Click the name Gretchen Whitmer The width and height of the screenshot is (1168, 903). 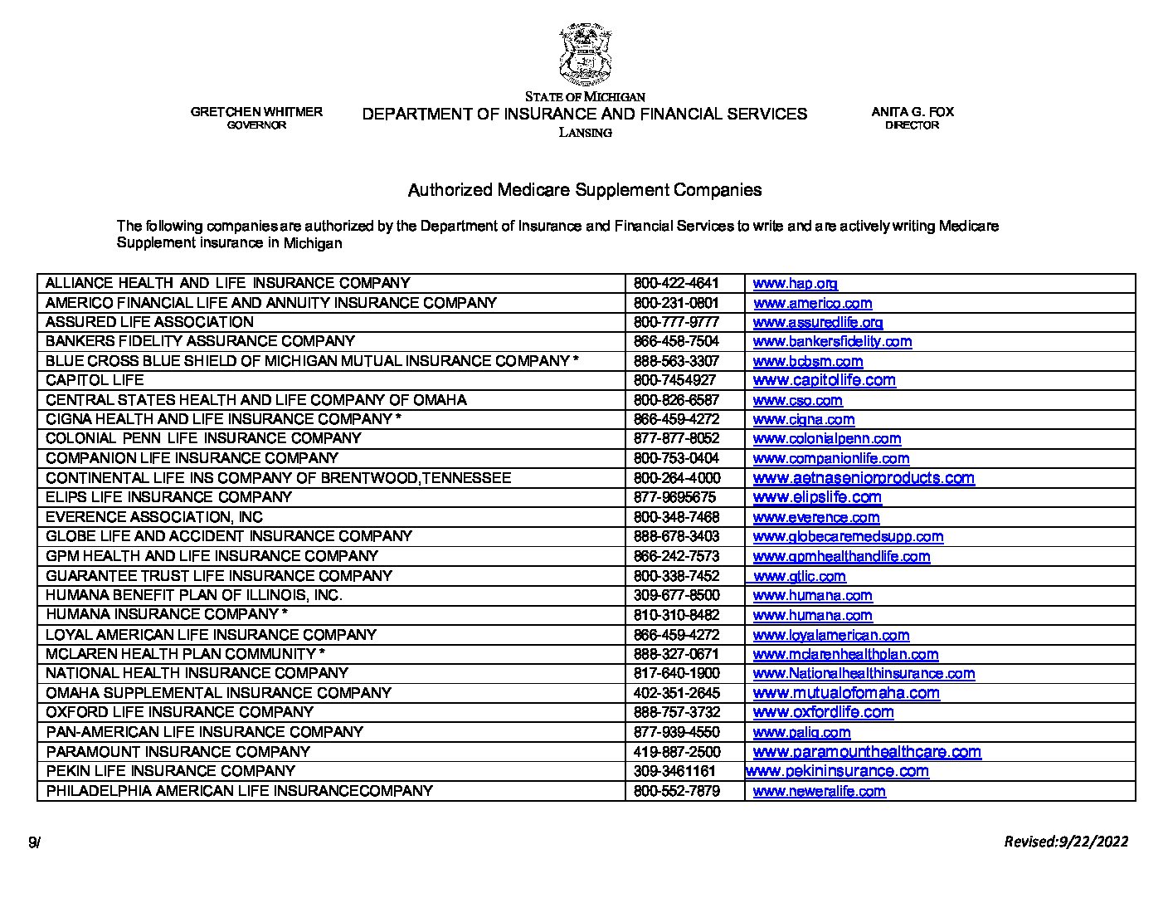pos(256,112)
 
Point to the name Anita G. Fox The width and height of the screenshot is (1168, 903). pos(912,112)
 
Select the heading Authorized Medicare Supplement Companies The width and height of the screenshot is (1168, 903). pos(584,190)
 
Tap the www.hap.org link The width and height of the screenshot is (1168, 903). pos(795,284)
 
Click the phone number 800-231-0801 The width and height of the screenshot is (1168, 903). pos(676,303)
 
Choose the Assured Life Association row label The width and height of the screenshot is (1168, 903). pos(149,322)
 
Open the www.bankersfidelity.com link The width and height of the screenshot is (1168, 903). pos(832,341)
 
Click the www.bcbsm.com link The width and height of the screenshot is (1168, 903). pos(807,362)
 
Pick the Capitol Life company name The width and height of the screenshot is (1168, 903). pos(95,380)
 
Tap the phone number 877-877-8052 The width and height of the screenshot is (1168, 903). pos(676,438)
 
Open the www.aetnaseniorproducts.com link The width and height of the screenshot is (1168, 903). pos(863,478)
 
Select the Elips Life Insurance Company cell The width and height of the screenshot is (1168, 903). pos(168,497)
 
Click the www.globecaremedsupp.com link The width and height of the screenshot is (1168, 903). pos(848,537)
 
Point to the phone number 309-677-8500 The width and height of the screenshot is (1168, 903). pos(676,595)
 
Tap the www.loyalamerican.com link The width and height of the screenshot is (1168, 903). pos(830,635)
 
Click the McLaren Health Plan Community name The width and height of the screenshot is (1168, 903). pos(184,654)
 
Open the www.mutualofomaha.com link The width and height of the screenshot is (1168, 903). pos(845,693)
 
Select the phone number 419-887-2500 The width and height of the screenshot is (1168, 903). pos(677,752)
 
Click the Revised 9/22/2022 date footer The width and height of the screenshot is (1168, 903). pos(1066,842)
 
